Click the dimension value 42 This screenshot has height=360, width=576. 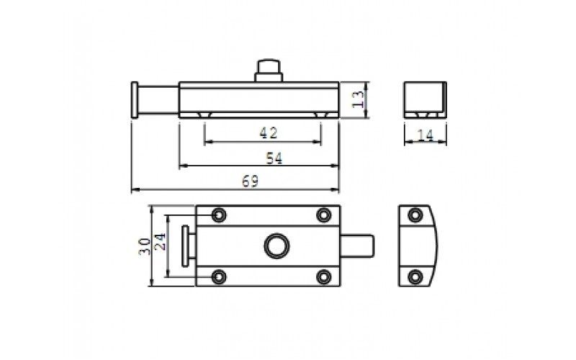click(x=269, y=133)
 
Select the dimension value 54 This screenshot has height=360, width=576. click(x=274, y=158)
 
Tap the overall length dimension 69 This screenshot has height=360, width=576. click(x=250, y=181)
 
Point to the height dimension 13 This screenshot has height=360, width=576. click(x=358, y=99)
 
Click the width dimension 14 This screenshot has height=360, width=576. click(x=426, y=135)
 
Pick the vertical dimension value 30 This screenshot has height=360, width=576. click(x=145, y=246)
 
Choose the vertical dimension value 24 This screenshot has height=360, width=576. click(x=160, y=242)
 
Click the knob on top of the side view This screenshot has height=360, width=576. click(x=269, y=70)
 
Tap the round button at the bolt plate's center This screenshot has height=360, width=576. click(x=276, y=246)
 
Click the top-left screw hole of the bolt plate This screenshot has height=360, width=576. click(x=219, y=215)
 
